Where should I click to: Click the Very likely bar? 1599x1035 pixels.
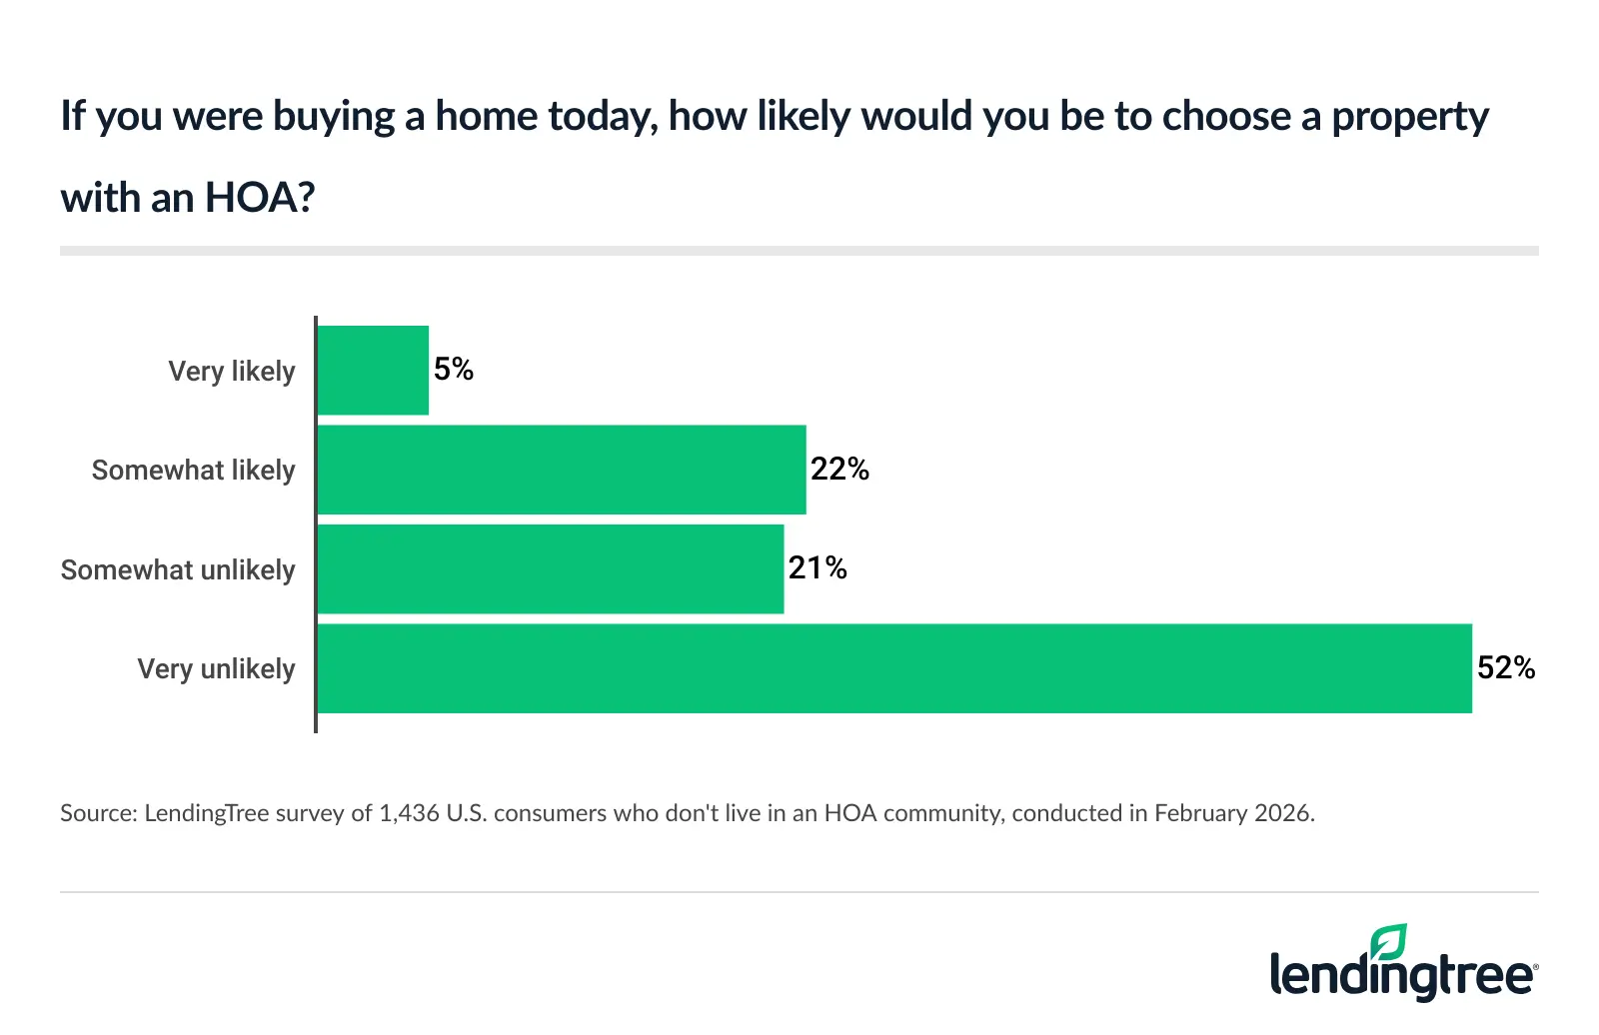coord(373,371)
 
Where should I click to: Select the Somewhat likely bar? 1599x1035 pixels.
coord(561,470)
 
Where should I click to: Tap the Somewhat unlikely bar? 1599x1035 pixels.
coord(550,569)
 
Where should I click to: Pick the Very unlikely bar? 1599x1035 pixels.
coord(893,668)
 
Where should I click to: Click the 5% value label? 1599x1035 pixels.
coord(454,370)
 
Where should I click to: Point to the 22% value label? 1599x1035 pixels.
coord(839,469)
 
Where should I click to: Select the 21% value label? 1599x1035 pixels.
coord(817,568)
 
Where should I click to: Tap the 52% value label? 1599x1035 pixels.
coord(1506,667)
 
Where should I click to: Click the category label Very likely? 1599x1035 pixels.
coord(232,371)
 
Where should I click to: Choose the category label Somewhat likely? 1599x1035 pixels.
coord(194,470)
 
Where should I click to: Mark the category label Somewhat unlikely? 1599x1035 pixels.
coord(178,569)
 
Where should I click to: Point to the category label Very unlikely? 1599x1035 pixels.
coord(216,668)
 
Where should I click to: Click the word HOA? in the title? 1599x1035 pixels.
coord(260,198)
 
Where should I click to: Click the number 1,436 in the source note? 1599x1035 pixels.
coord(409,813)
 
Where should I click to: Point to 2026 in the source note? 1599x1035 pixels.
coord(1282,813)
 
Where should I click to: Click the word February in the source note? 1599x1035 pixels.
coord(1200,813)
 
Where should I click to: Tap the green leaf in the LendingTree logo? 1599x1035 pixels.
coord(1389,942)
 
